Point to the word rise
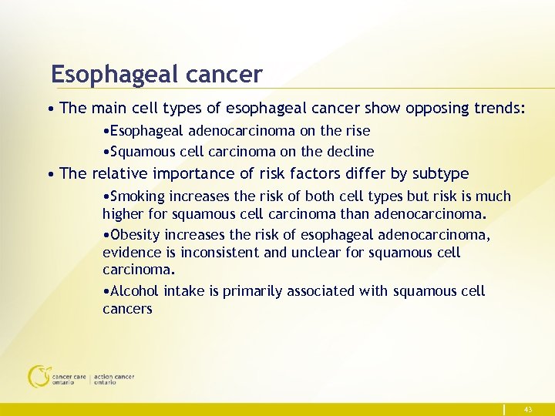tap(356, 131)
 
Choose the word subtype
tap(440, 173)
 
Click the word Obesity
tap(136, 234)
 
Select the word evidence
tap(132, 252)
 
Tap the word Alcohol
tap(135, 291)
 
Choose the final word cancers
tap(127, 309)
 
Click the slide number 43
tap(528, 410)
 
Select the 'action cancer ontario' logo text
tap(114, 379)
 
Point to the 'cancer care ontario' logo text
tap(69, 379)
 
